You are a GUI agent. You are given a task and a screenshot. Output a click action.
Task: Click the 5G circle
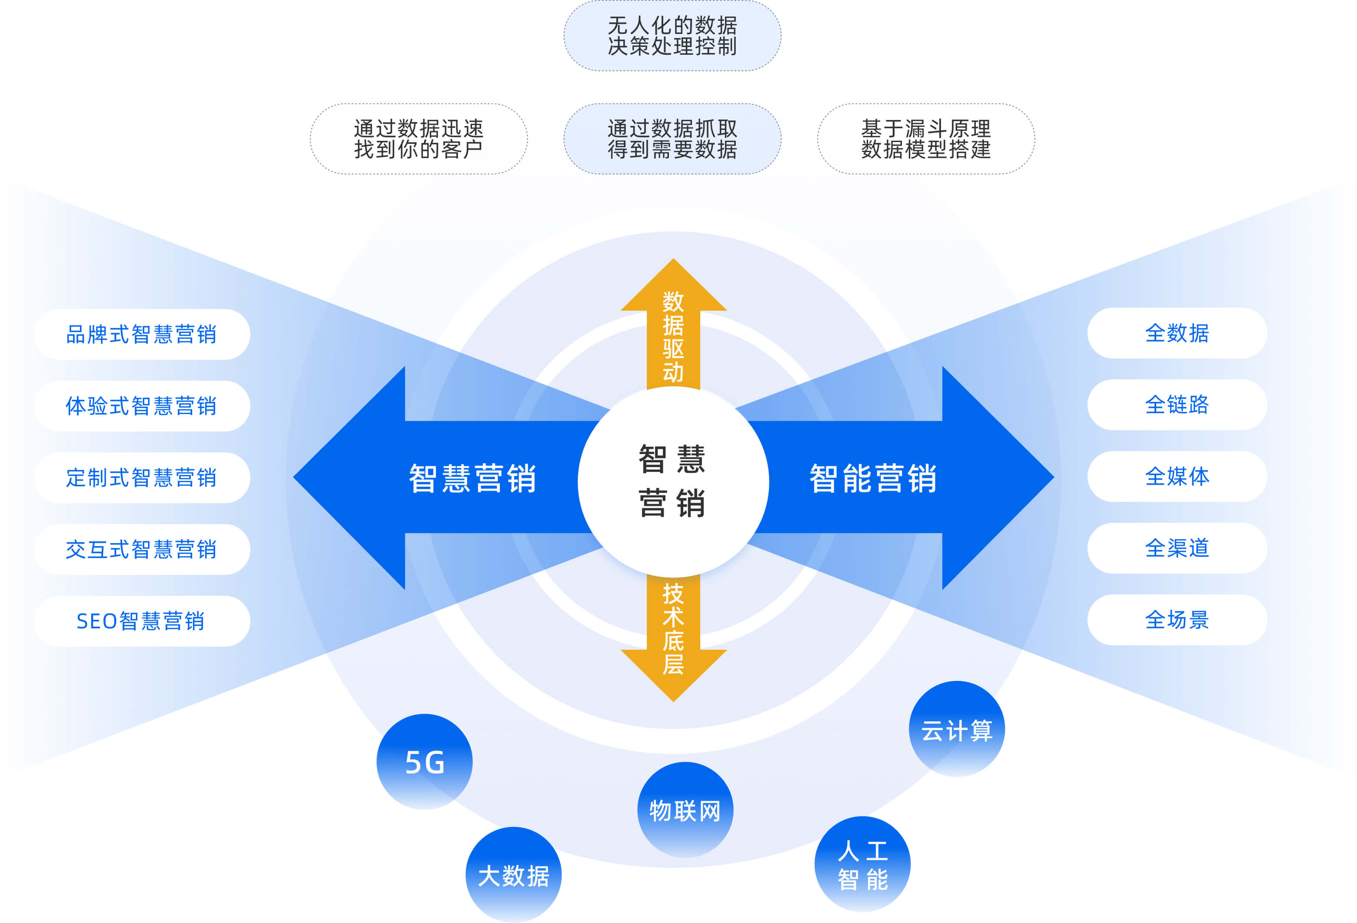coord(425,761)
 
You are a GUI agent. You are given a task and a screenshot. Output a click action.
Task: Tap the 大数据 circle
coord(513,874)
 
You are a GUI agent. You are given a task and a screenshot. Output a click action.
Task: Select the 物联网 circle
coord(685,810)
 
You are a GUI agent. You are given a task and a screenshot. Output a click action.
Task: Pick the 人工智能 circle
coord(862,864)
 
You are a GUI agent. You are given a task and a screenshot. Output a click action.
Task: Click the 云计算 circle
coord(956,729)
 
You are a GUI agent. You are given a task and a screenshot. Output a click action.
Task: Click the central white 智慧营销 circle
coord(673,481)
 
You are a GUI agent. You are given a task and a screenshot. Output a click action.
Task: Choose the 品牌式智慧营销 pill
coord(142,334)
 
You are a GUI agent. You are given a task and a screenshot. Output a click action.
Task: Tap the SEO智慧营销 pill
coord(142,621)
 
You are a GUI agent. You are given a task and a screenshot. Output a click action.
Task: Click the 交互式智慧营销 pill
coord(142,549)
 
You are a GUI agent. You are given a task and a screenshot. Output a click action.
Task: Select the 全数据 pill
coord(1177,333)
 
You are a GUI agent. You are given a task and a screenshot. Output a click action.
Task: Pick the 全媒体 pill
coord(1177,476)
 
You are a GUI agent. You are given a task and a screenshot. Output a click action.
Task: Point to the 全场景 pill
coord(1177,619)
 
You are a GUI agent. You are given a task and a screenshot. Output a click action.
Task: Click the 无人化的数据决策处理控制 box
coord(672,36)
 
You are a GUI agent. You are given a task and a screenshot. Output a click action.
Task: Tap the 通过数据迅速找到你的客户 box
coord(419,139)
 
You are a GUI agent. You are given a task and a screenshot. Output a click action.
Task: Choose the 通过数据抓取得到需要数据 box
coord(672,139)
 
